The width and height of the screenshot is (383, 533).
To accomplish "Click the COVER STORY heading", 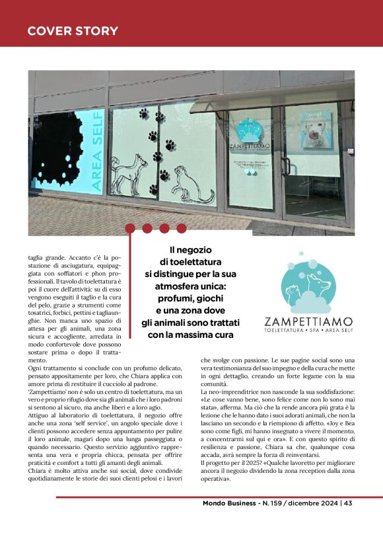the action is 73,31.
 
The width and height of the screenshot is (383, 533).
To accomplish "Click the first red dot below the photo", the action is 129,228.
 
